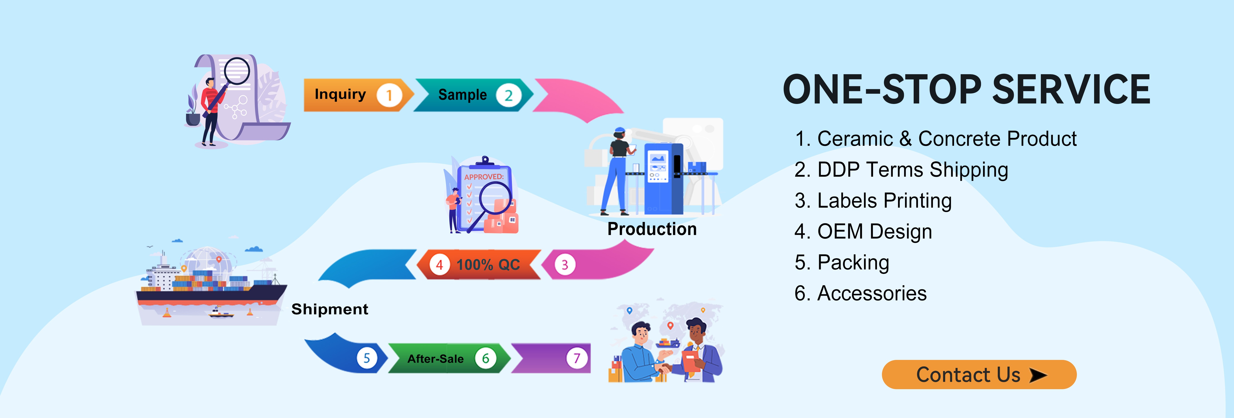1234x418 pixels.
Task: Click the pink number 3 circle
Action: tap(565, 265)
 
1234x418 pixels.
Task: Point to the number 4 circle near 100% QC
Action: tap(439, 265)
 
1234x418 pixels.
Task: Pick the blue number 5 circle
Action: tap(367, 358)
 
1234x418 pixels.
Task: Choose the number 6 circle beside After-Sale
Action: tap(485, 358)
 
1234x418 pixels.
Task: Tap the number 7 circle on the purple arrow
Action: tap(577, 358)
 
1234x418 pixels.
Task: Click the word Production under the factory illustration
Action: tap(652, 229)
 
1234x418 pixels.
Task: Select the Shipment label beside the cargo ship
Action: tap(330, 309)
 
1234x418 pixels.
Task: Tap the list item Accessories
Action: tap(860, 293)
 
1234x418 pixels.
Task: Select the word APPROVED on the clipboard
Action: tap(484, 177)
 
